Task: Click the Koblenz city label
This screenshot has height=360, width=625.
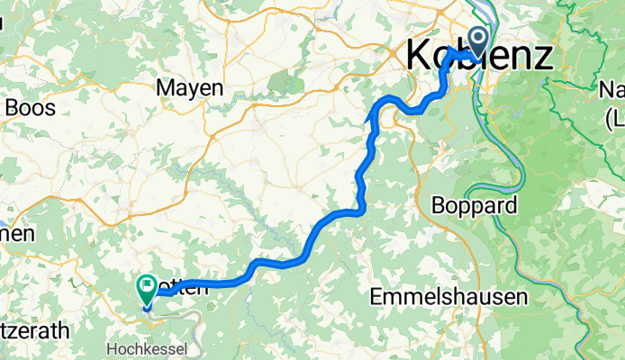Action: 479,56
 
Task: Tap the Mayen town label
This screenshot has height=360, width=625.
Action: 189,88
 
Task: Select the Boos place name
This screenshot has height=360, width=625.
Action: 31,108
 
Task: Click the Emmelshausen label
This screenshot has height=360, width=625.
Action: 448,296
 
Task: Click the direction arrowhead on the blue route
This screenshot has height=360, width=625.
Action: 369,114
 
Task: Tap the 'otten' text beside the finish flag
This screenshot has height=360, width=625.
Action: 184,289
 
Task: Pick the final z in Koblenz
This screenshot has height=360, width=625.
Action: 542,56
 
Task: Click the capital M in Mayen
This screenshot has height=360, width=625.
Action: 165,88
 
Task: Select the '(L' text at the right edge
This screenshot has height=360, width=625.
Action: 616,117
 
